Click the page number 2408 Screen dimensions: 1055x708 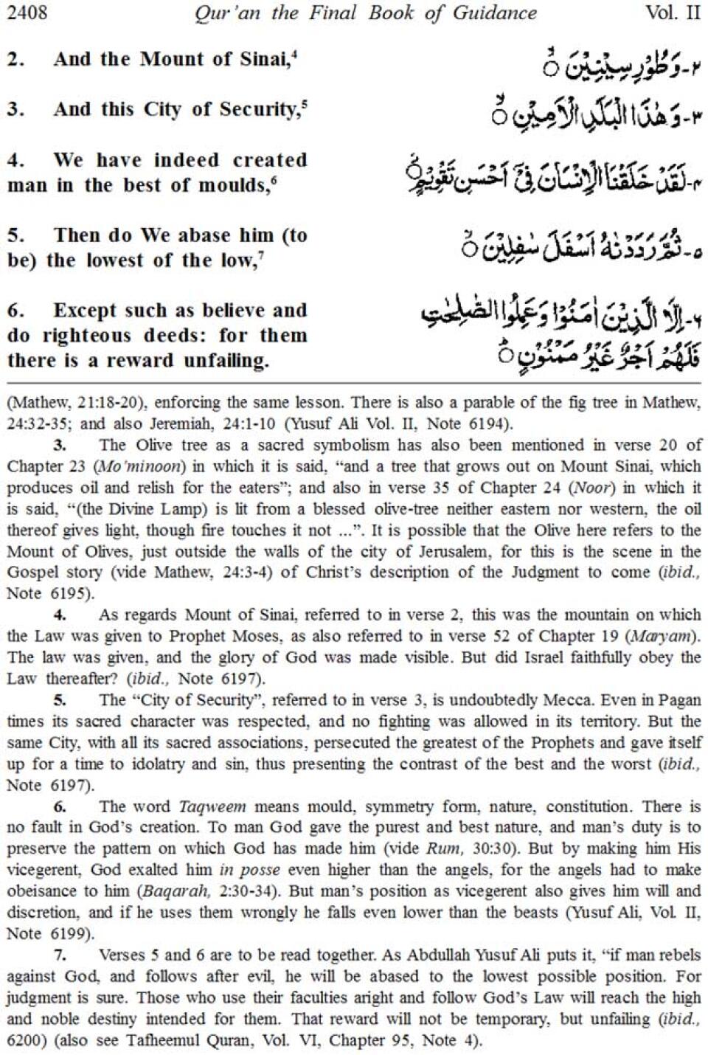27,13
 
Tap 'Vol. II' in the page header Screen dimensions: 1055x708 672,13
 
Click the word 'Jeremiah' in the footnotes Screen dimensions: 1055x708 250,423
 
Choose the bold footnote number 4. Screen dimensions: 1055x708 60,615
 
